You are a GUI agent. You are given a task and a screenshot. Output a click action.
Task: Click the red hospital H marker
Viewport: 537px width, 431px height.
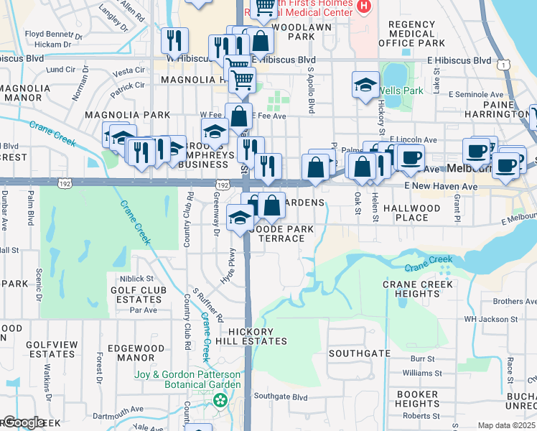(363, 6)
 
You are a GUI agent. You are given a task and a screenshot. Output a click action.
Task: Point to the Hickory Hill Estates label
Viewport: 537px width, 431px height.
(258, 336)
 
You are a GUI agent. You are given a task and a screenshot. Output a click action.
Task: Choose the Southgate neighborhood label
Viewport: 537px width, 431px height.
(360, 353)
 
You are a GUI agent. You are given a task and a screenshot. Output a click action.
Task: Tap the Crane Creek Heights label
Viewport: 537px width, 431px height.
(418, 289)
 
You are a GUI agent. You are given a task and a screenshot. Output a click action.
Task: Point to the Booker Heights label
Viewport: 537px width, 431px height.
(417, 399)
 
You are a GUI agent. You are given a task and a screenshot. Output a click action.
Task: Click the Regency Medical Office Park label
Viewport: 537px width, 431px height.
(411, 34)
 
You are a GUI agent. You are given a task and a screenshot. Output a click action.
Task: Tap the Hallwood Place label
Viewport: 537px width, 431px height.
(411, 213)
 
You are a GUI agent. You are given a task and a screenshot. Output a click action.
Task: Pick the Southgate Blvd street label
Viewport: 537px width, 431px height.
(280, 397)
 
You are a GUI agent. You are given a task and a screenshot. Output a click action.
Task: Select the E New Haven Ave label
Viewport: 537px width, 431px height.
(440, 186)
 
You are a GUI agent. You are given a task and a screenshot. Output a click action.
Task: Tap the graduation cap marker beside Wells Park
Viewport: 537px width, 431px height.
(365, 85)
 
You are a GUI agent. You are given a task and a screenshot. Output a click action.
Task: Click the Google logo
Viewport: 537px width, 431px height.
(23, 422)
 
